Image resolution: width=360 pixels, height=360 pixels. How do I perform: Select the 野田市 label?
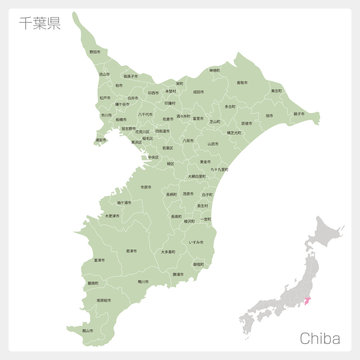[x=94, y=52]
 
